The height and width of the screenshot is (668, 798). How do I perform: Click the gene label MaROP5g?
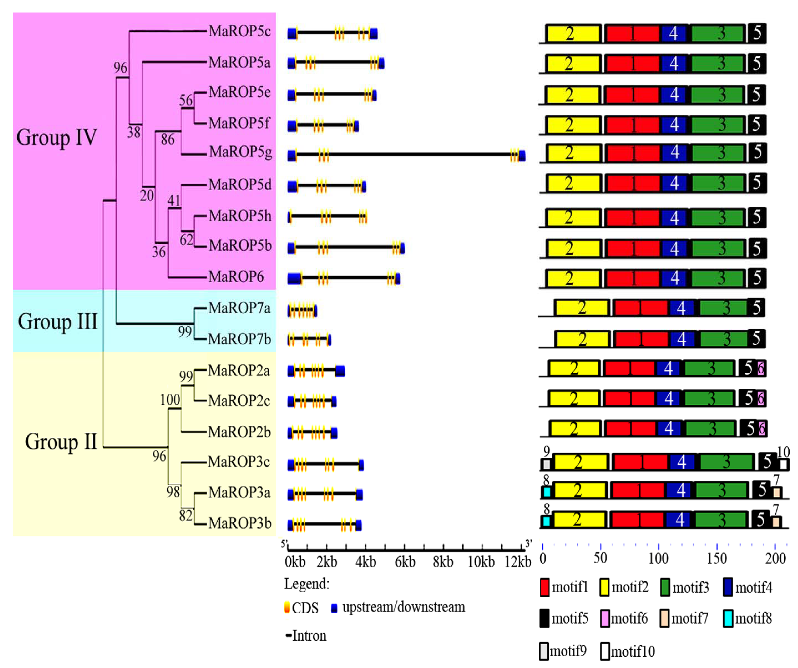240,152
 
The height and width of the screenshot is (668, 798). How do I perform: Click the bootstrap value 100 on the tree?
170,400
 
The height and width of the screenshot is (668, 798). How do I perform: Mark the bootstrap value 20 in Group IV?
147,195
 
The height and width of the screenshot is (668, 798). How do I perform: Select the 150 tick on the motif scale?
717,558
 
